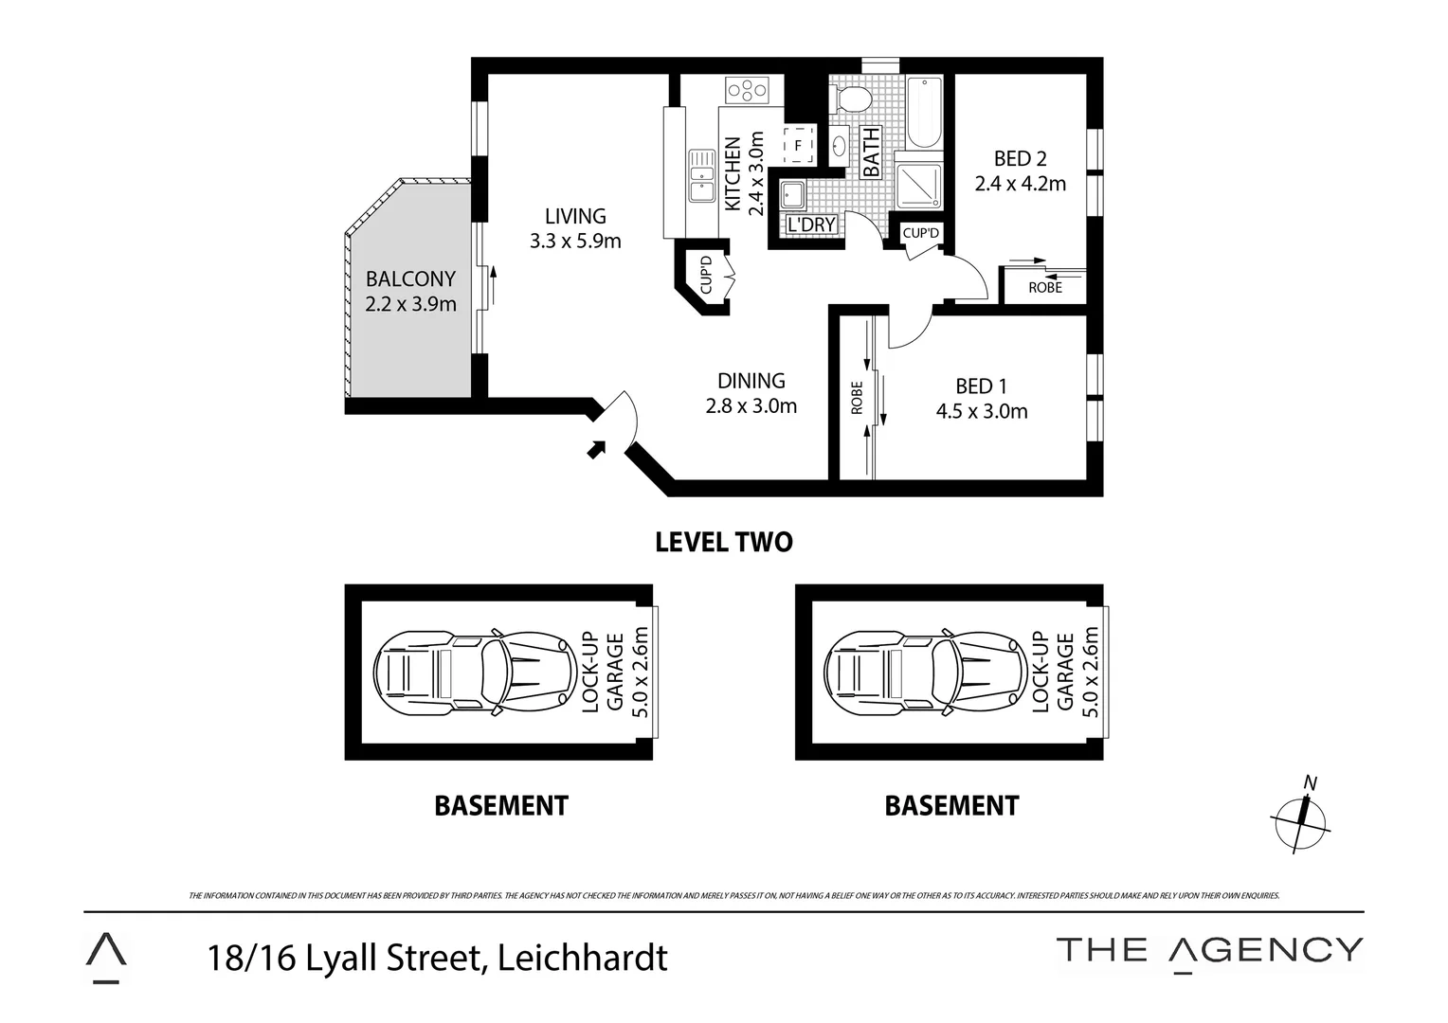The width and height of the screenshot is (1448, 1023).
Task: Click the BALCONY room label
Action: (410, 279)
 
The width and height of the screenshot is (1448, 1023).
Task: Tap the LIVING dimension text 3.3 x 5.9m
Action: (575, 242)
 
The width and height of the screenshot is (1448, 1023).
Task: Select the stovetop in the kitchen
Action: (747, 91)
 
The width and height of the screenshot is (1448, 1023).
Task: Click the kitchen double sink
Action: (701, 175)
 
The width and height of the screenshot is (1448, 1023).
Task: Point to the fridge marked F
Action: (798, 145)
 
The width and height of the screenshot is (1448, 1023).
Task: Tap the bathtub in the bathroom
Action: (923, 113)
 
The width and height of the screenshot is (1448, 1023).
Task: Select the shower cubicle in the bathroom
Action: (919, 187)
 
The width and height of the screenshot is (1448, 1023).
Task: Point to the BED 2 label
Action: (1020, 159)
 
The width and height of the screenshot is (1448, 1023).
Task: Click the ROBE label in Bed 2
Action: (1045, 288)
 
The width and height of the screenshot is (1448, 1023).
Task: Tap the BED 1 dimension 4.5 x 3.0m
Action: (981, 412)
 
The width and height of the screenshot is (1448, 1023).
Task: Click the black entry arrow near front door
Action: (596, 449)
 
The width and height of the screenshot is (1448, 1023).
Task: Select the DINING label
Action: (751, 381)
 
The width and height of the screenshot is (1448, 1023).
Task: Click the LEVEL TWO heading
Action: (724, 542)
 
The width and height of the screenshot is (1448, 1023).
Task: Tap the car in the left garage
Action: (474, 673)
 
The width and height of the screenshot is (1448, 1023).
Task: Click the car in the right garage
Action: (925, 673)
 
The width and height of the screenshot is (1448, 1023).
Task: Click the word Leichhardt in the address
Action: (583, 958)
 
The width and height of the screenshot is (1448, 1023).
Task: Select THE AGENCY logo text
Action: (1209, 950)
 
